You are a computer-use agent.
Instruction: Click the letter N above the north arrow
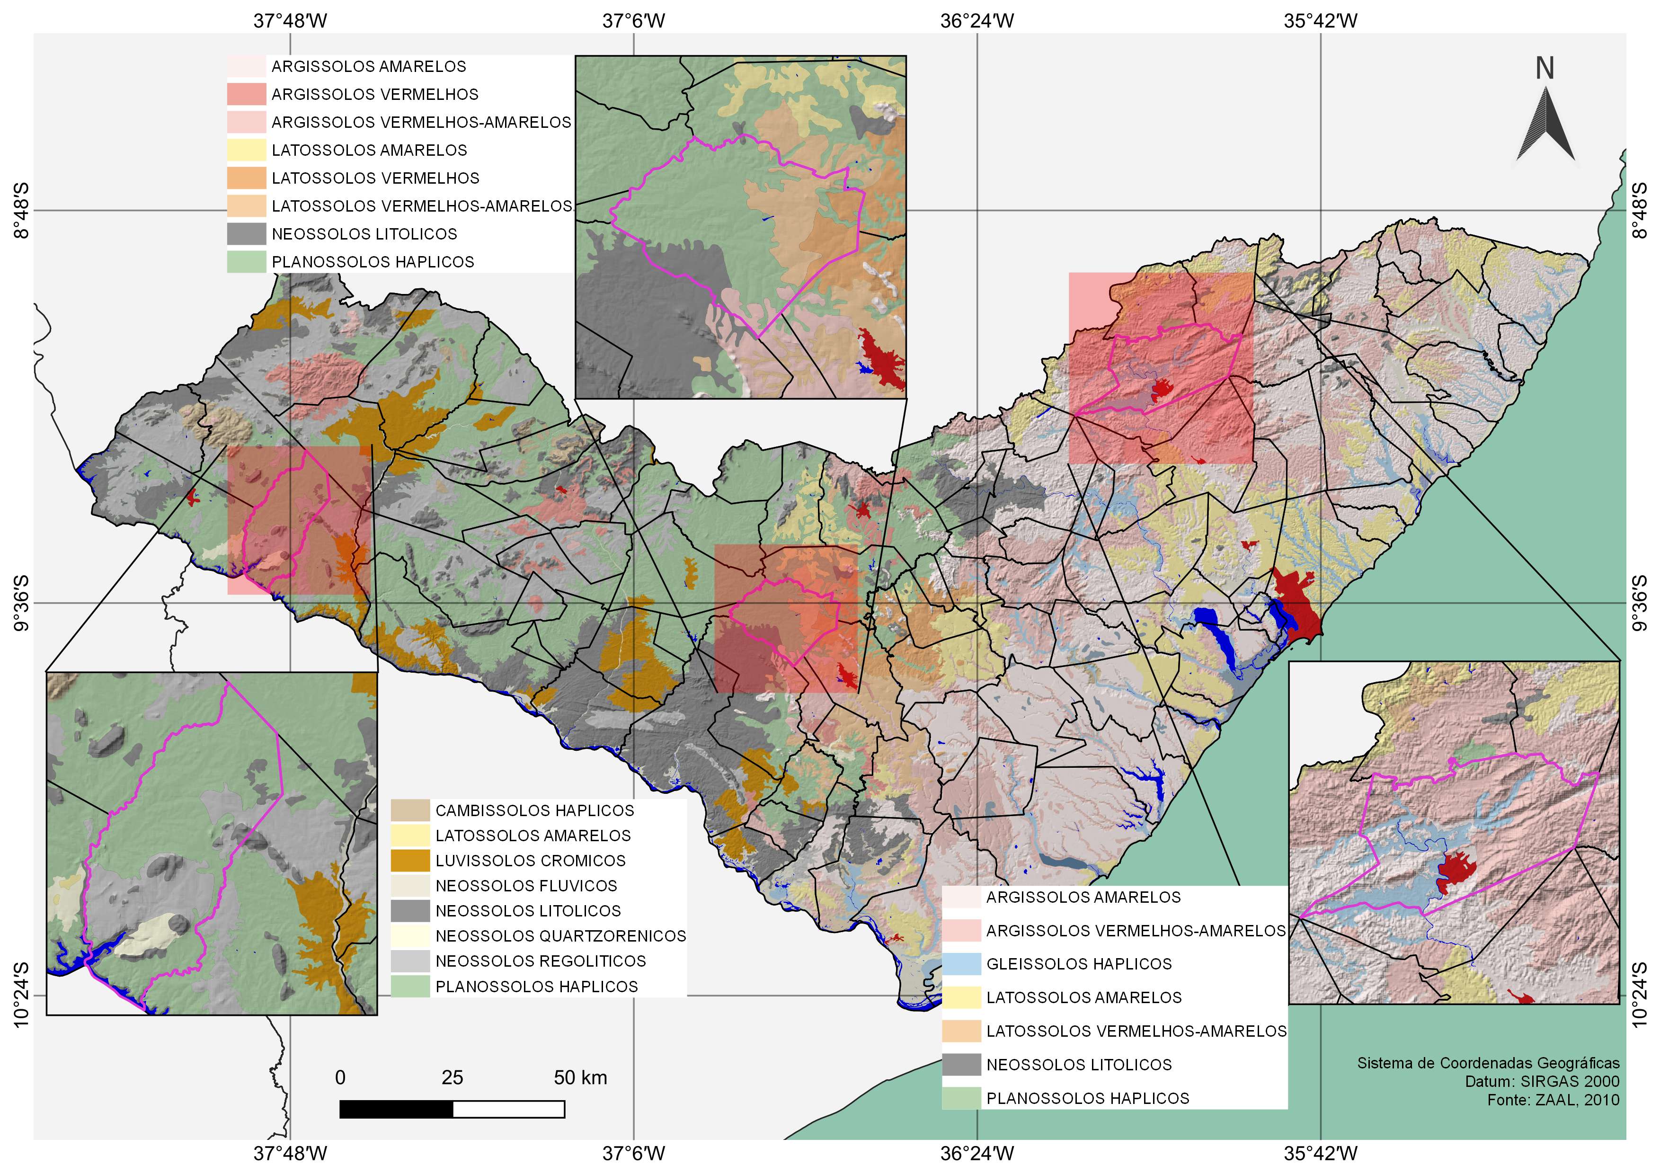(x=1545, y=68)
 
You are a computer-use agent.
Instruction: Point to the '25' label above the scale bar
(x=452, y=1078)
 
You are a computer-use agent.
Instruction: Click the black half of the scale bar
(x=396, y=1109)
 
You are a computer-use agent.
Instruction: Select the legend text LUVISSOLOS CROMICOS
(x=530, y=860)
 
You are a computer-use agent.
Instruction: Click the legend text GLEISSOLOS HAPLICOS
(x=1079, y=964)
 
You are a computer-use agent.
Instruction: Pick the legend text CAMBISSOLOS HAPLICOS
(x=534, y=810)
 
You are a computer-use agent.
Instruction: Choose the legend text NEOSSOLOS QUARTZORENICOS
(x=560, y=936)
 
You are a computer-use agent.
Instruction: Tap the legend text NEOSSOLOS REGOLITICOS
(x=540, y=961)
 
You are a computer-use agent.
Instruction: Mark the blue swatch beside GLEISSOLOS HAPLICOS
(x=961, y=964)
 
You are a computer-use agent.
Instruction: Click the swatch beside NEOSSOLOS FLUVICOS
(x=410, y=886)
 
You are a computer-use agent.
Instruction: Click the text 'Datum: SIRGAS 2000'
(x=1542, y=1082)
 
